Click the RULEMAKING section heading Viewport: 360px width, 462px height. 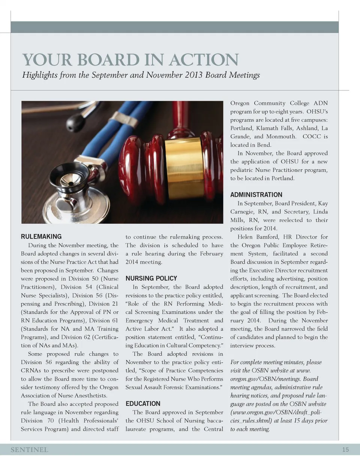pos(41,237)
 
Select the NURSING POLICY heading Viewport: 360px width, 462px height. pos(151,278)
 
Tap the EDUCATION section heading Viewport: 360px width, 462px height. pos(143,403)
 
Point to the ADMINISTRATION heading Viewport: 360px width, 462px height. pos(256,195)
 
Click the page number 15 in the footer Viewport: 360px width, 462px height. pos(345,450)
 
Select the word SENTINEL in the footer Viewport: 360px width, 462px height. pos(29,450)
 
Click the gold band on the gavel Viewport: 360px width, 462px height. pos(184,168)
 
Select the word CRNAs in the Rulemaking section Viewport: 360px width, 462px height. pos(31,370)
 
